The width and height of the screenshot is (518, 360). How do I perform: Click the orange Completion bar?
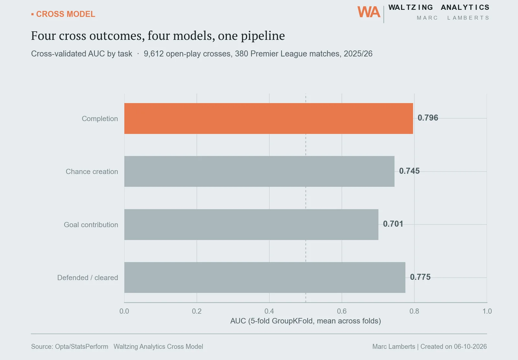point(268,118)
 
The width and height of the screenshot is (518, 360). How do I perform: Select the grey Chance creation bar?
point(259,171)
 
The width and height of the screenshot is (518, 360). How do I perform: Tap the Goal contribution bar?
point(251,224)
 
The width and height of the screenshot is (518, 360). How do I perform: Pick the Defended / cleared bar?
point(265,277)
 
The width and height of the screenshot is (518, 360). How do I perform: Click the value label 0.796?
point(428,118)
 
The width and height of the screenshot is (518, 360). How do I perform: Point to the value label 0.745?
point(409,171)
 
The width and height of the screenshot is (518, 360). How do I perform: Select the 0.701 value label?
point(393,224)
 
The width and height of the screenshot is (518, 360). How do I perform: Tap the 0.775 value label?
point(420,277)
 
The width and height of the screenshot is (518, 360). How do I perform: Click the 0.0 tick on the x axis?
point(124,311)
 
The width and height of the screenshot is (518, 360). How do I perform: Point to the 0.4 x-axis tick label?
point(269,311)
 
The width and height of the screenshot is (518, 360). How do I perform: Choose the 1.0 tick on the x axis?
point(487,311)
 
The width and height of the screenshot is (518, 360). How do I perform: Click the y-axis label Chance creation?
point(92,172)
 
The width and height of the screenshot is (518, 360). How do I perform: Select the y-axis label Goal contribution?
point(91,225)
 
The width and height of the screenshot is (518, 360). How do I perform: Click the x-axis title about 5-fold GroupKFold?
point(306,321)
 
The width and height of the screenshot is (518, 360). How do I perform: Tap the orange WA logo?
point(369,12)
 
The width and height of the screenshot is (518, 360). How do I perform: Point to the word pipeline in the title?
point(263,36)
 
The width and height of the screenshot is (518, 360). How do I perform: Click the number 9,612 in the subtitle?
point(153,54)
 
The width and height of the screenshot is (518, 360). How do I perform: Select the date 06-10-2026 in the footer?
point(470,347)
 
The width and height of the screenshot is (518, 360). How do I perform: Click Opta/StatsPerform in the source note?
point(82,347)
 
